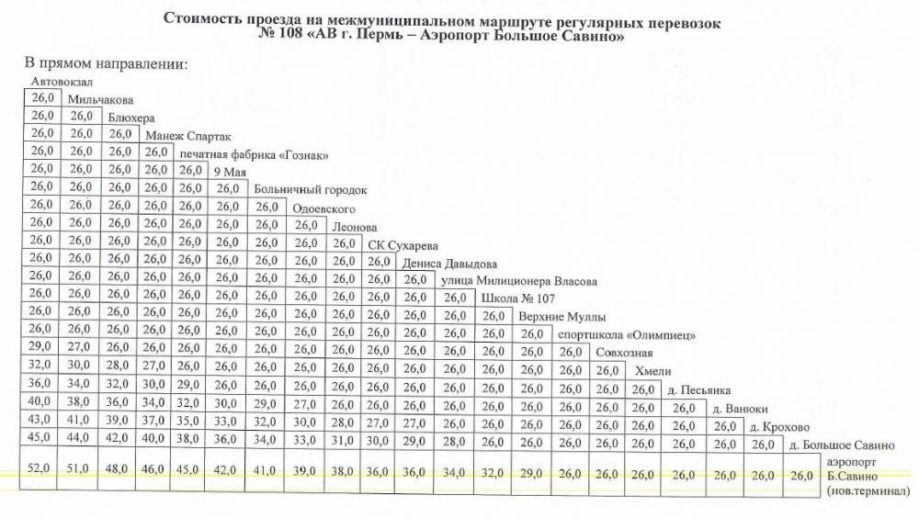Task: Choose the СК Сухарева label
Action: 403,245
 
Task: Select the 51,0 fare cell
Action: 81,468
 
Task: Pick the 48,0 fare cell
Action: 119,468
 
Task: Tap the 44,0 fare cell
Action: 81,438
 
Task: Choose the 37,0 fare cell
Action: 156,420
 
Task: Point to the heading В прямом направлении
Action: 105,63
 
